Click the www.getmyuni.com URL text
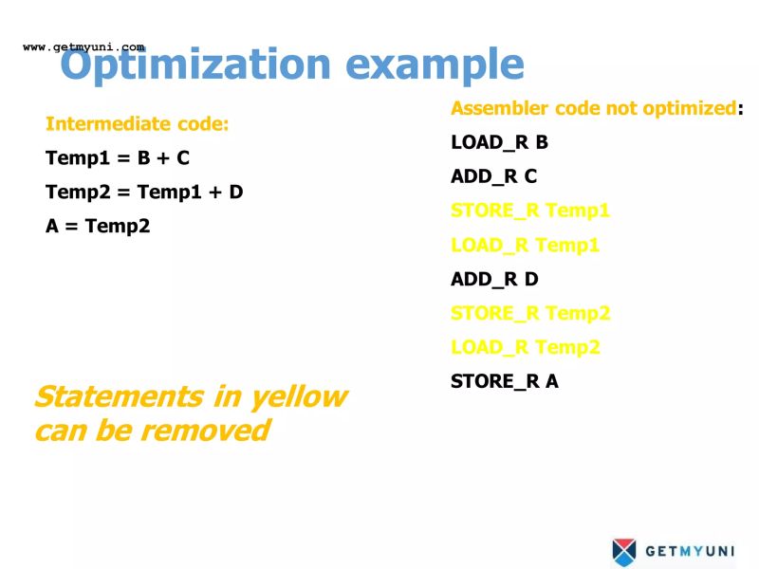click(x=83, y=46)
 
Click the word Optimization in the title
click(x=194, y=64)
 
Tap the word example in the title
click(x=434, y=64)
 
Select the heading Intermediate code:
click(x=138, y=124)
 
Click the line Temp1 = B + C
click(x=118, y=158)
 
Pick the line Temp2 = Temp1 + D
click(x=144, y=193)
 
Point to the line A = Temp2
click(x=98, y=227)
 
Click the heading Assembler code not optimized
click(x=594, y=108)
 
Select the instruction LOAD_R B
click(x=499, y=143)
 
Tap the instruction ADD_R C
click(x=493, y=176)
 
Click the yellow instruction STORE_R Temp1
click(x=530, y=211)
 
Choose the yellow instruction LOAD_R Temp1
click(x=525, y=245)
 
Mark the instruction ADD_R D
click(x=494, y=279)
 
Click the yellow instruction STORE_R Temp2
click(x=530, y=313)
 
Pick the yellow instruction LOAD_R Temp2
click(x=525, y=347)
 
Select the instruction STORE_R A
click(x=505, y=381)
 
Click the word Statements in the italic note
click(x=117, y=396)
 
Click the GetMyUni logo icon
click(x=624, y=550)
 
